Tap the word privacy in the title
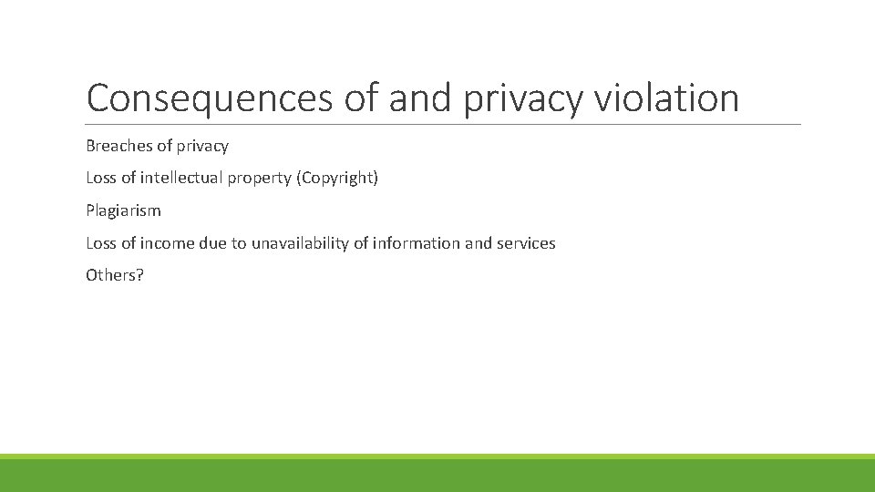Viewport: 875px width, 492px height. (x=523, y=98)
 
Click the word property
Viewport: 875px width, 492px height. (x=260, y=178)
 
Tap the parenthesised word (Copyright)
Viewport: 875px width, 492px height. (x=336, y=178)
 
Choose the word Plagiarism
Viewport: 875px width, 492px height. (x=123, y=210)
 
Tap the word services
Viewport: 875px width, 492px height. (x=526, y=243)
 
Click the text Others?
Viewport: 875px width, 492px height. (x=115, y=275)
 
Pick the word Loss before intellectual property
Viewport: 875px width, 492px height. (x=101, y=178)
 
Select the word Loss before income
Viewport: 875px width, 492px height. (x=101, y=243)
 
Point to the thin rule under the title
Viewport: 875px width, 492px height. (x=443, y=125)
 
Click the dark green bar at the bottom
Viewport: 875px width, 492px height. (x=437, y=476)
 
